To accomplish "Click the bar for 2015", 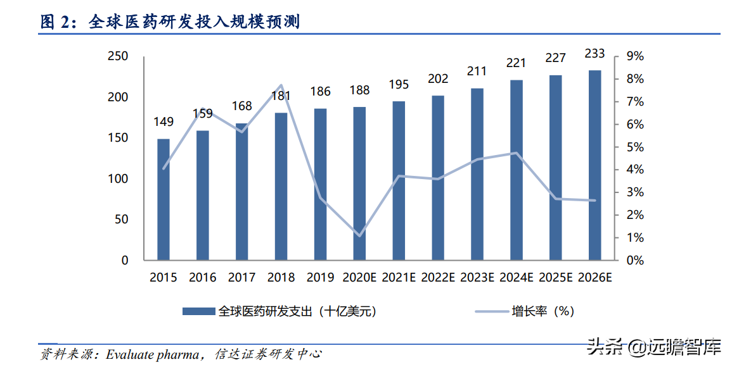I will click(164, 199).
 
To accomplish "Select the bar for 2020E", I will click(359, 183).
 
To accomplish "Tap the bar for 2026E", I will click(594, 165).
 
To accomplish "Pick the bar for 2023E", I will click(477, 174).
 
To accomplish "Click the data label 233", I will click(594, 53).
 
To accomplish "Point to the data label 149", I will click(164, 121).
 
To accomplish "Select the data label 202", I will click(438, 79).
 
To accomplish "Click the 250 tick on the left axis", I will click(119, 57).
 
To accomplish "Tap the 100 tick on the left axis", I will click(119, 179).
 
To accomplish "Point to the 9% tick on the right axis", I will click(634, 57).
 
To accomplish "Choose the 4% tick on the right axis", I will click(634, 170).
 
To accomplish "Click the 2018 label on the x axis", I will click(281, 277).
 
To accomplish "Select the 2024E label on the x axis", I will click(517, 277).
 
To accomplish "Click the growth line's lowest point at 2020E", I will click(359, 236).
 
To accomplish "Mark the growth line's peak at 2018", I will click(281, 85).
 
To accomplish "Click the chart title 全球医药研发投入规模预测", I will click(194, 22).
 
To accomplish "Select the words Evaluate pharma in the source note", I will click(151, 354).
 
